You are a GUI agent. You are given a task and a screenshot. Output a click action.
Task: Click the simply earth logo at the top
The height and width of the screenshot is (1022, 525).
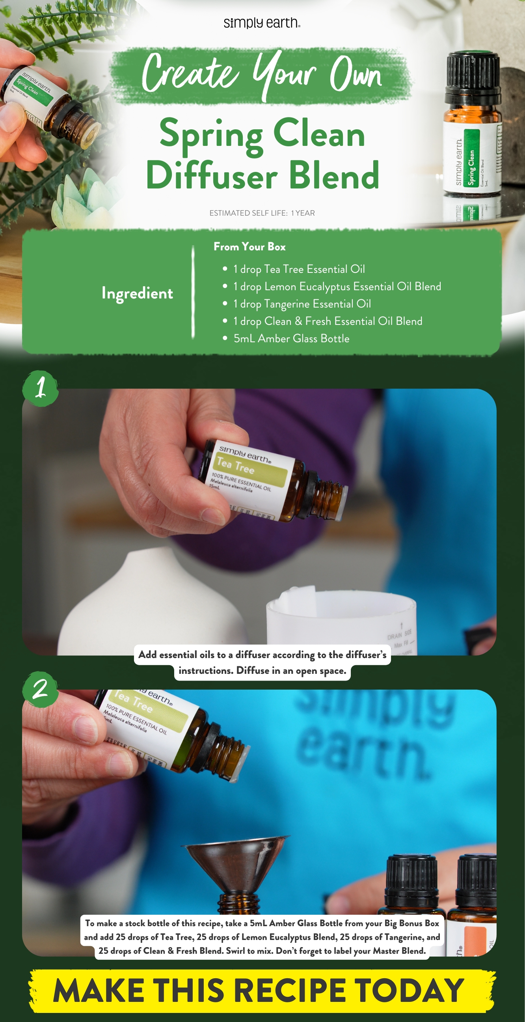click(x=262, y=23)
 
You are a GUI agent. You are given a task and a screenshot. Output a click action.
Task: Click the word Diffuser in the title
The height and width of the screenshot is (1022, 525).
click(x=212, y=176)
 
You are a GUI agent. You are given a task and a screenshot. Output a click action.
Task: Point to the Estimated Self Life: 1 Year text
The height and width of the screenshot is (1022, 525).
click(x=262, y=213)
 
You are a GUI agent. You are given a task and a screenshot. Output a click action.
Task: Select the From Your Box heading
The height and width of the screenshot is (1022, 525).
click(x=249, y=247)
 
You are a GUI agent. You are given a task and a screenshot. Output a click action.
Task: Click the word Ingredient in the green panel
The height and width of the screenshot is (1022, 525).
click(x=137, y=293)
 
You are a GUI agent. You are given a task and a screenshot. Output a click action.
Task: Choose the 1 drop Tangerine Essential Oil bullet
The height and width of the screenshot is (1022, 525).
click(x=302, y=304)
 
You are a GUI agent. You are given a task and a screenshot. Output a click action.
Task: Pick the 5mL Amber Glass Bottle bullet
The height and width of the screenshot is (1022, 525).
click(x=291, y=338)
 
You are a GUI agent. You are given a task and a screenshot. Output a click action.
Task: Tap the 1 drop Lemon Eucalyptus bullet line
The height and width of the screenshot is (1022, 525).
click(x=337, y=286)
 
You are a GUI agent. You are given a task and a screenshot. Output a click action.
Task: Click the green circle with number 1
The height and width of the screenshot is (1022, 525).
click(x=41, y=388)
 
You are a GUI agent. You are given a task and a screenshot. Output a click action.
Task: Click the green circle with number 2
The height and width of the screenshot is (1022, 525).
click(x=41, y=690)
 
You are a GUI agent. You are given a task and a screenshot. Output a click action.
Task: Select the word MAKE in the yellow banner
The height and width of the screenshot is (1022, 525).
click(x=99, y=991)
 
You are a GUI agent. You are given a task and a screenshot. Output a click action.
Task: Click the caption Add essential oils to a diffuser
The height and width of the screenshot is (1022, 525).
click(x=262, y=655)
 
